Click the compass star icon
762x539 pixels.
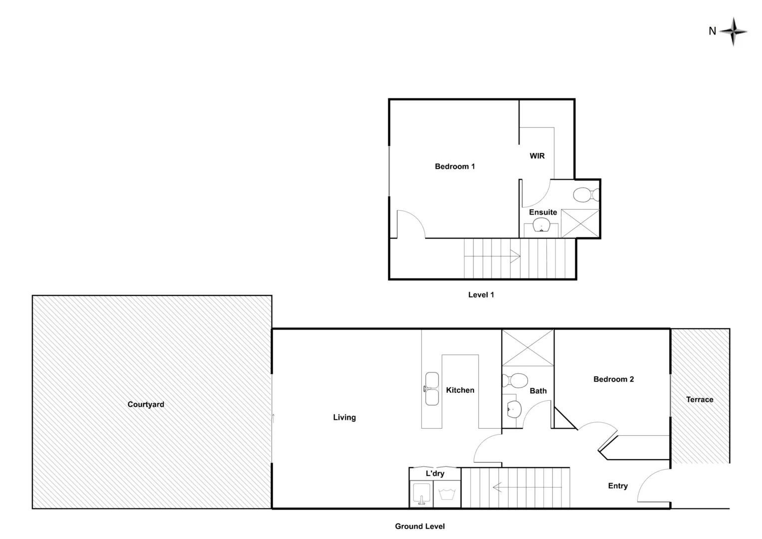tap(733, 32)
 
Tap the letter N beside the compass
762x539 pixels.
tap(712, 31)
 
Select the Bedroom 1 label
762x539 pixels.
tap(455, 166)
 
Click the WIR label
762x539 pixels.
tap(537, 156)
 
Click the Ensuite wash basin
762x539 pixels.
tap(541, 227)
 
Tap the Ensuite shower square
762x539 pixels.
tap(580, 223)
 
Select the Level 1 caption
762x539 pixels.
tap(481, 294)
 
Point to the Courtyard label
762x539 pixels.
tap(146, 404)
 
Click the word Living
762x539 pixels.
tap(344, 417)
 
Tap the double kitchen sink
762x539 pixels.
tap(431, 389)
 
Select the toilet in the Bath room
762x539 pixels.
tap(515, 381)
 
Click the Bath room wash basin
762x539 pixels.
tap(512, 410)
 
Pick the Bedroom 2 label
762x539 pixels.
tap(613, 379)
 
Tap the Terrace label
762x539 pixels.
tap(699, 399)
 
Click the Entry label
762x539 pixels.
tap(617, 486)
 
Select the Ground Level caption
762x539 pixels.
tap(420, 526)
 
